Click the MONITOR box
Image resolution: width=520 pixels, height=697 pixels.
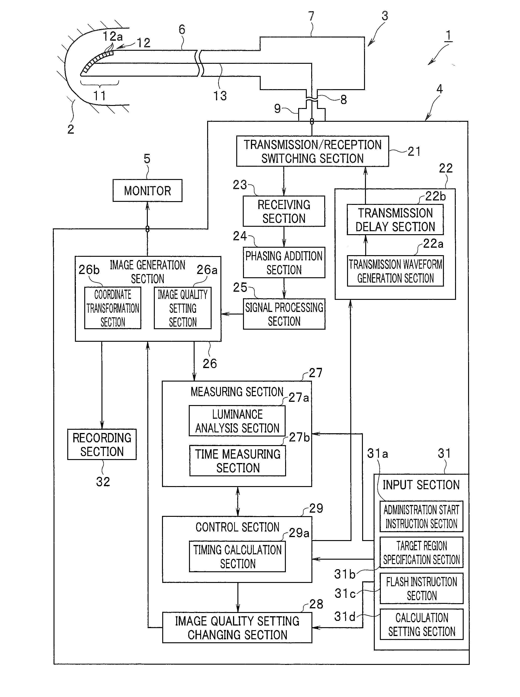147,190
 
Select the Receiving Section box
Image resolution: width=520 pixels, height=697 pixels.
284,211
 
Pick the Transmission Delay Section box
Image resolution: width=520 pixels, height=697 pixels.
395,220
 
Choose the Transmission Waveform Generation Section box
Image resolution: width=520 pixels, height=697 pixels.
395,271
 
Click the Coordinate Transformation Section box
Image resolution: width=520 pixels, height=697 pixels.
113,308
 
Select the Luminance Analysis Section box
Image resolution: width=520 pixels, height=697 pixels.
237,421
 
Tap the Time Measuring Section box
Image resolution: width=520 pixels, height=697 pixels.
238,460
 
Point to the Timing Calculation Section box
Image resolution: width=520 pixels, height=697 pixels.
237,557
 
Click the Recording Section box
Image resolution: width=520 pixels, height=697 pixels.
102,444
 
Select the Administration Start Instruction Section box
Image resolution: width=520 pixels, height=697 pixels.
422,517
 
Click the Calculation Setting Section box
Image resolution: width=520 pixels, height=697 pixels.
422,625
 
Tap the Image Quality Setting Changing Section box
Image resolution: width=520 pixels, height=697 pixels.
237,628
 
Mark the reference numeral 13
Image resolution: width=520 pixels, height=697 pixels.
220,96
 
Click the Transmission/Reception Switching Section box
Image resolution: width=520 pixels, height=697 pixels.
313,151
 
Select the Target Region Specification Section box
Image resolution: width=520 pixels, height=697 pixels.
422,552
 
